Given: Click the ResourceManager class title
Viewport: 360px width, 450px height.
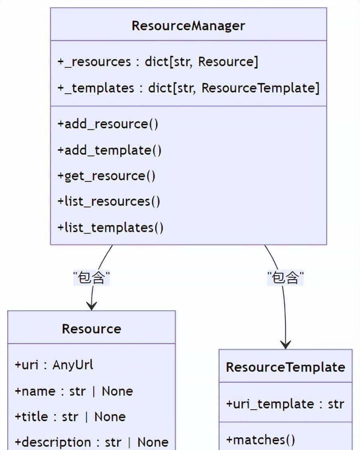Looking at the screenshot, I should (x=188, y=26).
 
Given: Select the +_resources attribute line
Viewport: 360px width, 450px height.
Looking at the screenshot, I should (x=158, y=62).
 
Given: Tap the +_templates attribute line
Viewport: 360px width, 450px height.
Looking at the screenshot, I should (x=188, y=88).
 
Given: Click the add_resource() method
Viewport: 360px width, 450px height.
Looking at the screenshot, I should (x=108, y=124).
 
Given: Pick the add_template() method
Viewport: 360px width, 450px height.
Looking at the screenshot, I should (x=109, y=150).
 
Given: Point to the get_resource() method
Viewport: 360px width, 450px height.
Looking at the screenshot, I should (x=106, y=176).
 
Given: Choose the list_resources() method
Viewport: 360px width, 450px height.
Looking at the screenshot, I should (x=109, y=201).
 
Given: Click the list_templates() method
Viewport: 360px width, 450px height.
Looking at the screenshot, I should (x=110, y=227).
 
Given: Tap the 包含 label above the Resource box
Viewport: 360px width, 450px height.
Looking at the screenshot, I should (x=91, y=278).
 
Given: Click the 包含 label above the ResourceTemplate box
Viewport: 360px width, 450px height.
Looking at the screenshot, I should (x=285, y=278).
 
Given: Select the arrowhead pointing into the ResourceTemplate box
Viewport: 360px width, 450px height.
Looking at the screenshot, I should (x=285, y=345).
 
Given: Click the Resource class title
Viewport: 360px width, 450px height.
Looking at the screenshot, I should (x=91, y=329).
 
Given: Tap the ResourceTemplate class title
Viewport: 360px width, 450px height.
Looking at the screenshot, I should (x=285, y=367).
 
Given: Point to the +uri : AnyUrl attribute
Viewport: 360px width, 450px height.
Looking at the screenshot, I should (x=54, y=365).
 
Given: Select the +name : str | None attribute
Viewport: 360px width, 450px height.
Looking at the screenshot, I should (x=73, y=391).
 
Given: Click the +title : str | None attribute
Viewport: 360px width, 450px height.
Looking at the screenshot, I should (x=70, y=417).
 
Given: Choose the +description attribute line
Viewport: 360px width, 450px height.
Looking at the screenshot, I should (x=91, y=442).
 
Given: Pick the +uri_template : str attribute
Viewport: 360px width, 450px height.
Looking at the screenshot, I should (x=285, y=404).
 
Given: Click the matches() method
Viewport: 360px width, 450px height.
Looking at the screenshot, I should (x=260, y=440).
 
